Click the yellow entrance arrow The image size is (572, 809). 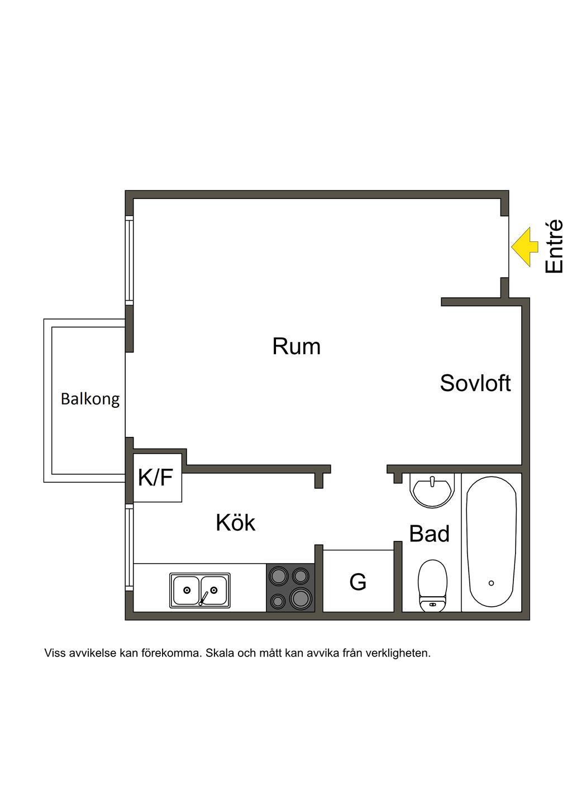(x=523, y=247)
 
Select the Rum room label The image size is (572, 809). (x=297, y=346)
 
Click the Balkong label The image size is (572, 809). (x=90, y=399)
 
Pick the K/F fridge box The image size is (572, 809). (x=158, y=478)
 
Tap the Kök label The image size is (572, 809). (x=235, y=522)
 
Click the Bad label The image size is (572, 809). (x=430, y=534)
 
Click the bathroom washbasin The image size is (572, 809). (x=431, y=489)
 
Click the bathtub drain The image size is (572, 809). (x=491, y=583)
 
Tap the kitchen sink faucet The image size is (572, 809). (x=203, y=598)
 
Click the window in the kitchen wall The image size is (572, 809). (x=129, y=547)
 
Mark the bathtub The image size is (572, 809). (x=491, y=543)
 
